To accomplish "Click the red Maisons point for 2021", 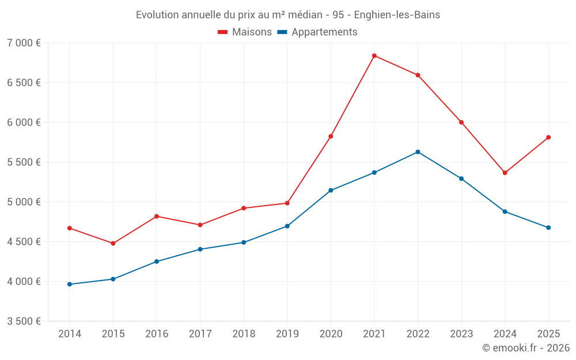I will [x=374, y=56].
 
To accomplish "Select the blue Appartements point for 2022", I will [x=418, y=152].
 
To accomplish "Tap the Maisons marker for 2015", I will [x=113, y=243].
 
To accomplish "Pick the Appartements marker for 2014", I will [x=70, y=284].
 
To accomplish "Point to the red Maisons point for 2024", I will [x=505, y=173].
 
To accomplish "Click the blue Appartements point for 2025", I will [x=548, y=228].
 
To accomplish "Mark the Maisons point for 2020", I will [x=331, y=137].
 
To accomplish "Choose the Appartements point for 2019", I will [x=287, y=226].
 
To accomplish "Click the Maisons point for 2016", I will [x=157, y=217].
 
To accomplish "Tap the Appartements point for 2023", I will [x=461, y=179].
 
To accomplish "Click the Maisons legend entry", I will [x=245, y=32].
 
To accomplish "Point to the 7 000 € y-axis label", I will [x=24, y=43].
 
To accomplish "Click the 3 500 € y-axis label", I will [x=24, y=321].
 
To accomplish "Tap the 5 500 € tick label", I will [x=24, y=162].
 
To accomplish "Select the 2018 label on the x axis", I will [x=244, y=334].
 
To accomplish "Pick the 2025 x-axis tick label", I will [x=548, y=334].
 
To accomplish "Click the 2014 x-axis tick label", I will [x=70, y=334].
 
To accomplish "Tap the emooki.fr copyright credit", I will [x=525, y=348].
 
